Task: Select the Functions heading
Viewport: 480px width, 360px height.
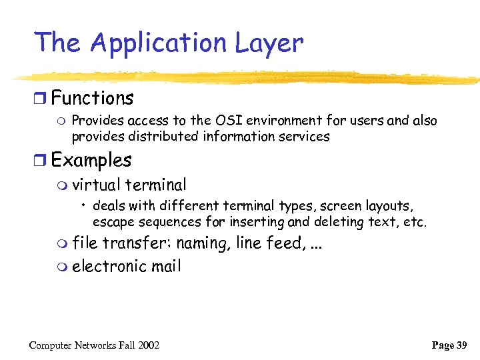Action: pyautogui.click(x=92, y=99)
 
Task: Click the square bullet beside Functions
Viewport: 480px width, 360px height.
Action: pyautogui.click(x=41, y=99)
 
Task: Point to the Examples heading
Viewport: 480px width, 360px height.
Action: pyautogui.click(x=91, y=161)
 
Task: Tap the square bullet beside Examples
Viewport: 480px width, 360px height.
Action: pyautogui.click(x=41, y=161)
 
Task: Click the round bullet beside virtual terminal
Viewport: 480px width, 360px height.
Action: pyautogui.click(x=63, y=185)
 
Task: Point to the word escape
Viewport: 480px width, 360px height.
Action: pyautogui.click(x=113, y=221)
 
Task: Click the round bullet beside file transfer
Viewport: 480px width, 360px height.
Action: pyautogui.click(x=63, y=244)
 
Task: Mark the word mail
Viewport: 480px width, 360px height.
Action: pyautogui.click(x=165, y=267)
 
